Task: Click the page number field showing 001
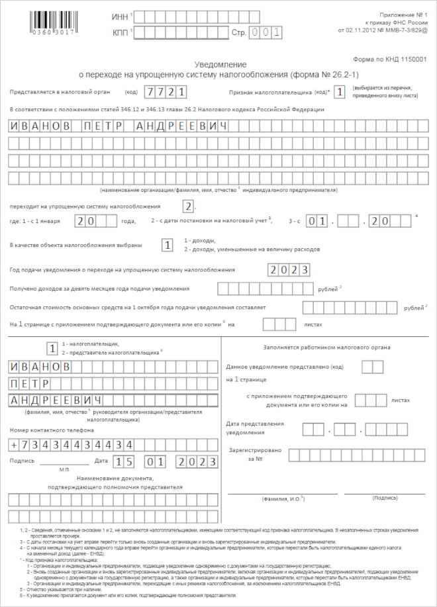click(265, 32)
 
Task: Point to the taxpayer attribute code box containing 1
click(339, 92)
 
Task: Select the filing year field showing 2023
click(289, 269)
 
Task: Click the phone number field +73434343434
click(73, 444)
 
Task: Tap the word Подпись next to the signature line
click(22, 461)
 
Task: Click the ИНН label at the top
click(121, 16)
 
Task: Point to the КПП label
click(121, 31)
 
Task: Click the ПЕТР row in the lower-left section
click(30, 383)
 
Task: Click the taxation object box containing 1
click(168, 245)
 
